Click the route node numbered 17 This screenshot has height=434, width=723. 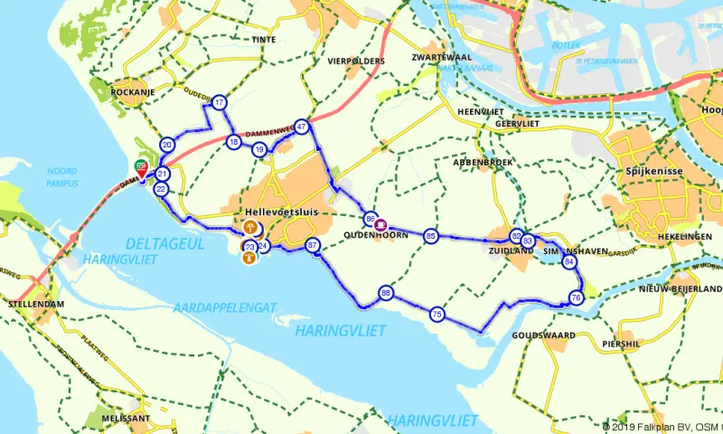[x=219, y=102]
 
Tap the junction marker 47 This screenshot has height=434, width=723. [x=302, y=127]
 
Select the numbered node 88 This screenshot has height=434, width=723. [x=386, y=293]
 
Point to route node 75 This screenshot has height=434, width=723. [x=437, y=315]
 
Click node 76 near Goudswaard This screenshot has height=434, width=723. [x=576, y=297]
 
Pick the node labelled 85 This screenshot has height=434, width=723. [x=431, y=236]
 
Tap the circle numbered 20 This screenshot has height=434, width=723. [x=167, y=145]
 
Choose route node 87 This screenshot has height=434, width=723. [x=313, y=245]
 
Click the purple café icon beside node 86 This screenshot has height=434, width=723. [x=381, y=222]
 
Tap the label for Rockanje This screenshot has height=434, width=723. [x=135, y=92]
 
